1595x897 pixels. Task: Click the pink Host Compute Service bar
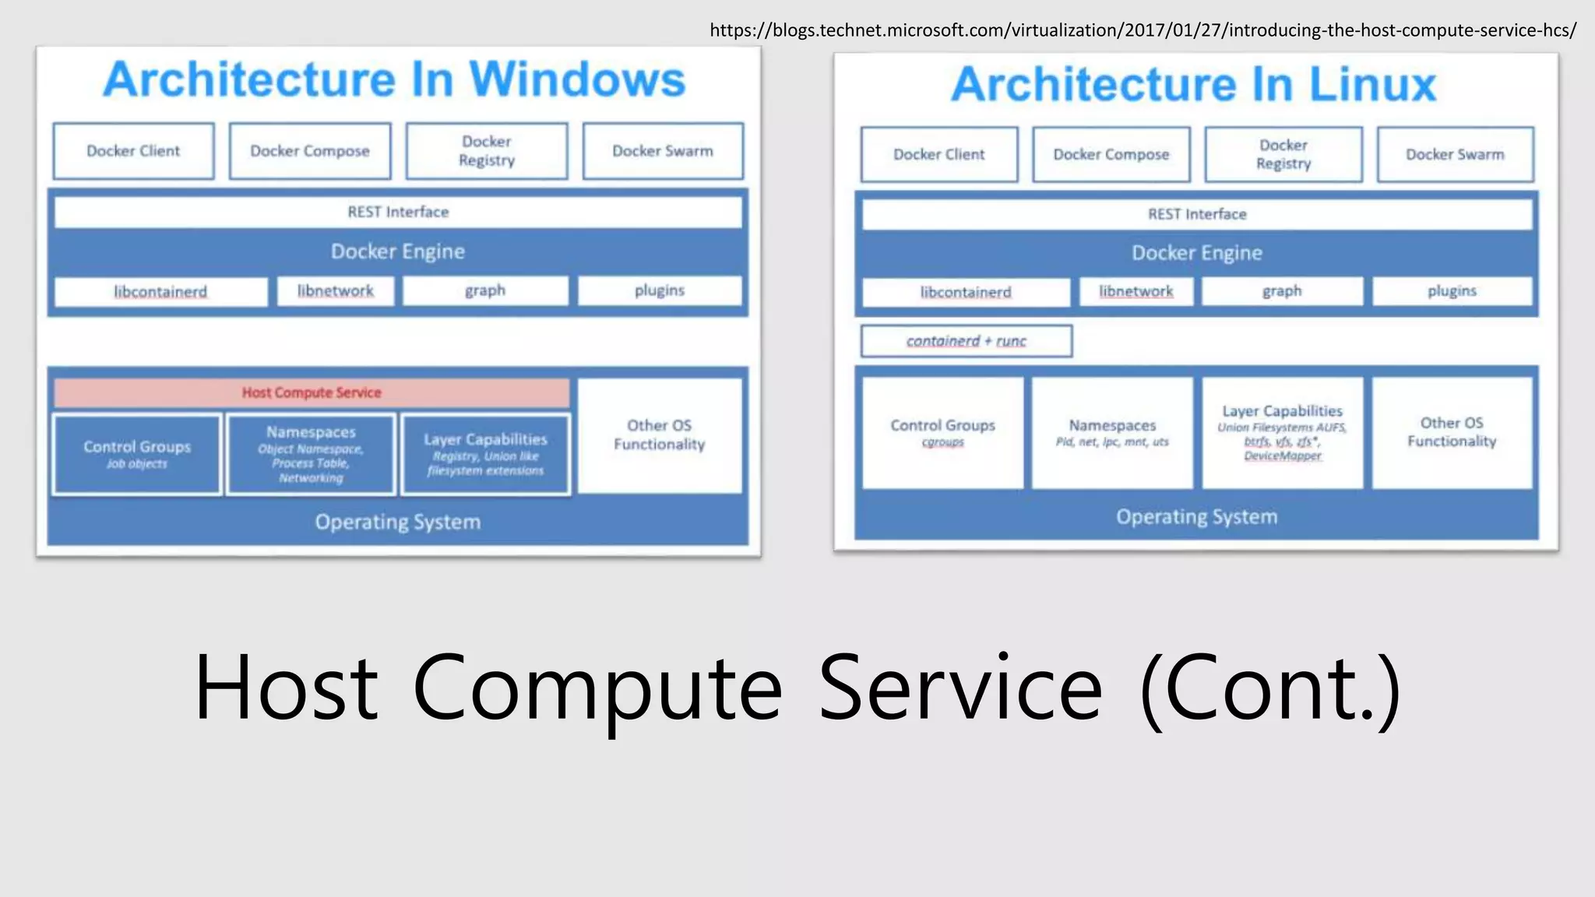(x=312, y=393)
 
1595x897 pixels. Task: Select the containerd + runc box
(x=966, y=341)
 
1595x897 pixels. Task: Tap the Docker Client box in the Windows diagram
(x=133, y=151)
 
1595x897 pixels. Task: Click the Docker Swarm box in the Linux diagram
(x=1455, y=154)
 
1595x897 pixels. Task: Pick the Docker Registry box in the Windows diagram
(x=487, y=151)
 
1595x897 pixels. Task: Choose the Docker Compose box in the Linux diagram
(x=1111, y=154)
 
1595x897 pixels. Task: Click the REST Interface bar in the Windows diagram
(x=398, y=212)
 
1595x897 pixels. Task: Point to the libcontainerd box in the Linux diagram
(x=966, y=292)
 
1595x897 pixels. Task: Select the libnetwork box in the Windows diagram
(x=336, y=291)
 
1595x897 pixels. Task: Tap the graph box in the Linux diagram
(x=1282, y=291)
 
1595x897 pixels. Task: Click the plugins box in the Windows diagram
(x=660, y=291)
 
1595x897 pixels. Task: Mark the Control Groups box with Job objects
(x=137, y=455)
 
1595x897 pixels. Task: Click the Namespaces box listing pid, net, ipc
(x=1112, y=433)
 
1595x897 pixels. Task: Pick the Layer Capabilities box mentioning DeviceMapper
(x=1282, y=433)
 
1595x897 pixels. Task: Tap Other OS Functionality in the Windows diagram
(x=660, y=434)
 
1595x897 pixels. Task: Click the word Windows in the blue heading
(x=577, y=79)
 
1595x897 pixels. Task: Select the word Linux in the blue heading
(x=1372, y=84)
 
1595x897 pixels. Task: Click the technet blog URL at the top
(x=1143, y=30)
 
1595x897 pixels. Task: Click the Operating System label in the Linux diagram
(x=1196, y=517)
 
